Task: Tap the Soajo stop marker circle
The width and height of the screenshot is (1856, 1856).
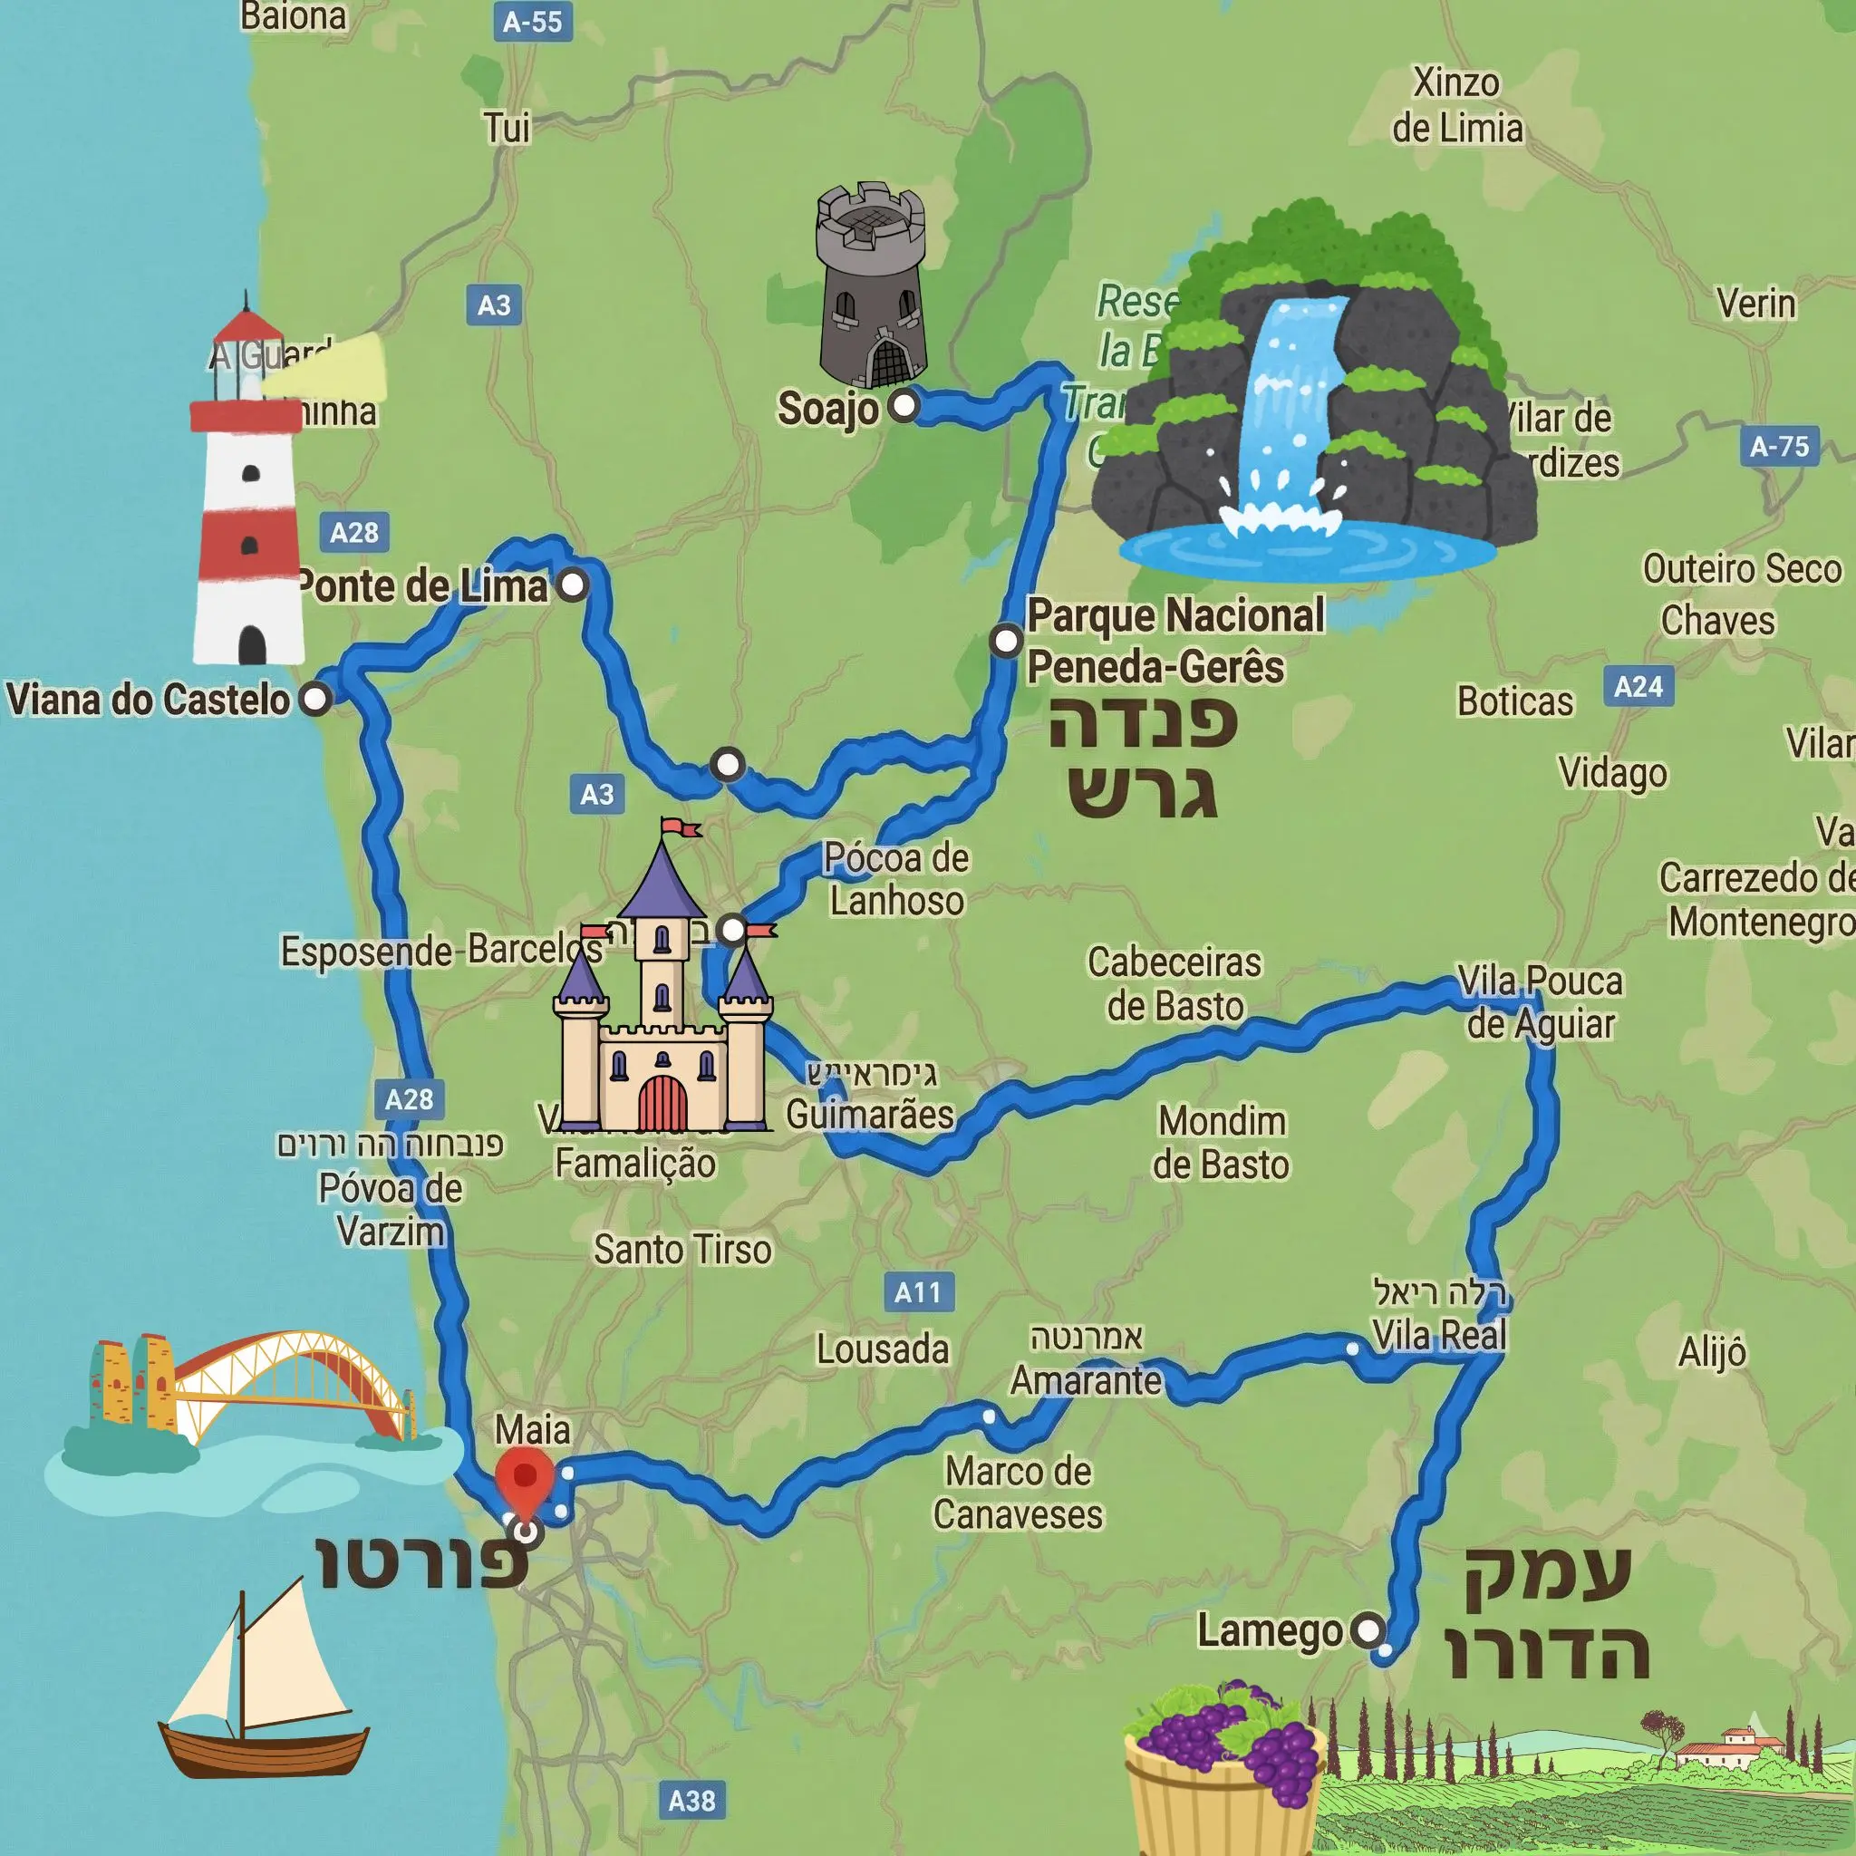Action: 904,405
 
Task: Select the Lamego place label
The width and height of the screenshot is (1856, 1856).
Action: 1269,1631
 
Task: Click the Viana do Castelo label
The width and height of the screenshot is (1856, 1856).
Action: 148,700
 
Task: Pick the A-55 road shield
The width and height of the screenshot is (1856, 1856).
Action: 532,21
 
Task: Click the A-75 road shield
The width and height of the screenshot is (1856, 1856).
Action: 1779,446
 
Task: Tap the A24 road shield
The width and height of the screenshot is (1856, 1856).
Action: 1638,687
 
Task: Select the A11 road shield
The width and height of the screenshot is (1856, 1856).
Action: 917,1292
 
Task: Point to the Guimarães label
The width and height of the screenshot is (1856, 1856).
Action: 869,1115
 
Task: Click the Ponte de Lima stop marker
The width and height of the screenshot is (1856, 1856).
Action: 574,585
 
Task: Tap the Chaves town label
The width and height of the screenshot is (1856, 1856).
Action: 1717,621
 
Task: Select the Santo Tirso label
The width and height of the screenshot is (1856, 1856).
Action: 682,1250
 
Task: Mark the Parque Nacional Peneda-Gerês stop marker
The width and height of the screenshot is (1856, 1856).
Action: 1006,640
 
